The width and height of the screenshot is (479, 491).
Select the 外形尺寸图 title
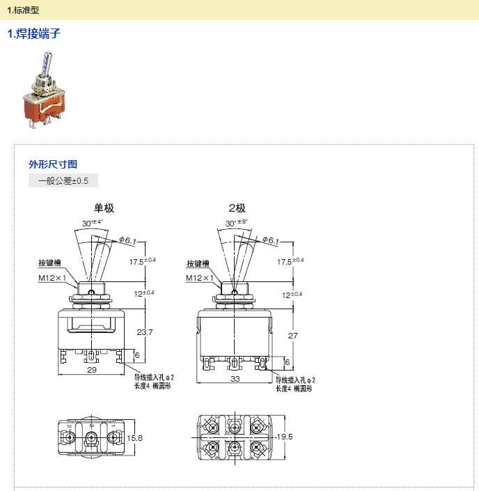[x=53, y=164]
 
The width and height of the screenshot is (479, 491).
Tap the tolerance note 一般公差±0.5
[x=63, y=181]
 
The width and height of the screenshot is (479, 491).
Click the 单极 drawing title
[x=104, y=208]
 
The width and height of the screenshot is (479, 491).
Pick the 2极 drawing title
[x=237, y=208]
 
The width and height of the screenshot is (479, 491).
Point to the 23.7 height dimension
[x=145, y=332]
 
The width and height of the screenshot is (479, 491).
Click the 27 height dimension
[x=292, y=335]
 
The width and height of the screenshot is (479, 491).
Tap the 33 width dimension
[x=235, y=379]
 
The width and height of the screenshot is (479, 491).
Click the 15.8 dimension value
[x=136, y=438]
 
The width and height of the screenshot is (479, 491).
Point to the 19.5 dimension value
[x=285, y=437]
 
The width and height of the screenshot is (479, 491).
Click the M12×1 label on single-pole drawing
[x=53, y=277]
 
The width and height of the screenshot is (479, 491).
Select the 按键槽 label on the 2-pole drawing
[x=198, y=264]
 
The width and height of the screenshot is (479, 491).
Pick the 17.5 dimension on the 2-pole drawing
[x=285, y=262]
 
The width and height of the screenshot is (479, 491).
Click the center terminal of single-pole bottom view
[x=91, y=438]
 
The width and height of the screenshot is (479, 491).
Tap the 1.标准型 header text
[x=25, y=9]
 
